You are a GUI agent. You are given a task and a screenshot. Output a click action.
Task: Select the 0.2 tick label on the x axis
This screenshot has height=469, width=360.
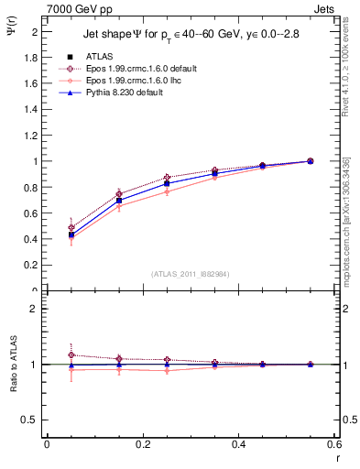(x=142, y=444)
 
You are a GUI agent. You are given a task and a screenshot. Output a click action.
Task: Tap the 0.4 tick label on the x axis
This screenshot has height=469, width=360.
(x=238, y=444)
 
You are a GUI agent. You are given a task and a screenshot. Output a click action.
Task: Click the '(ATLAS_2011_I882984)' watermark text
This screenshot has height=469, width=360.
(x=191, y=273)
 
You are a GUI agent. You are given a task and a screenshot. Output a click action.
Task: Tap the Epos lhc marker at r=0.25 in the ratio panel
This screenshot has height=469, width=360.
(x=167, y=371)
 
